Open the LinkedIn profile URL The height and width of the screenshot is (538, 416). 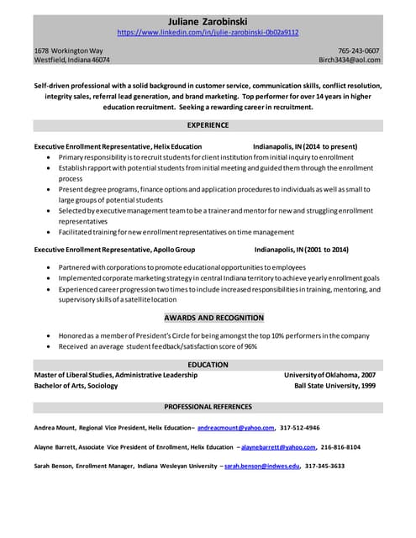(x=208, y=33)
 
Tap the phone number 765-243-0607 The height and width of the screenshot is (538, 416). (x=359, y=50)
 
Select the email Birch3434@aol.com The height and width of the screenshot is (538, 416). (x=350, y=61)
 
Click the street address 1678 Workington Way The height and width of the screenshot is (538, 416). (x=69, y=50)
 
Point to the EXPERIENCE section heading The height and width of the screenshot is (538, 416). (x=208, y=125)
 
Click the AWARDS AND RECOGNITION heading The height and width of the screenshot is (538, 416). (x=208, y=318)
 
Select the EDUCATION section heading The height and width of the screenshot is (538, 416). (x=208, y=365)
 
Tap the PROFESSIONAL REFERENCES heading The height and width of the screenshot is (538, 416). (x=208, y=407)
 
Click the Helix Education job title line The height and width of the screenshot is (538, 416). (x=118, y=146)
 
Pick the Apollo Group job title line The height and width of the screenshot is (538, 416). (x=114, y=250)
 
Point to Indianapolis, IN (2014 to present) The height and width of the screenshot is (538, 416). (x=311, y=146)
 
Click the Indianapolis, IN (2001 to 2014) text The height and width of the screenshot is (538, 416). (x=302, y=250)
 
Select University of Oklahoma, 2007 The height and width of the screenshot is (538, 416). (x=330, y=375)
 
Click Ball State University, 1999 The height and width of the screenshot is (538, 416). (x=335, y=386)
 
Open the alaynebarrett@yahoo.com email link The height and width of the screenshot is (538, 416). (x=280, y=447)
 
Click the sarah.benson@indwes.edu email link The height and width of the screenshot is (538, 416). (x=262, y=466)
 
